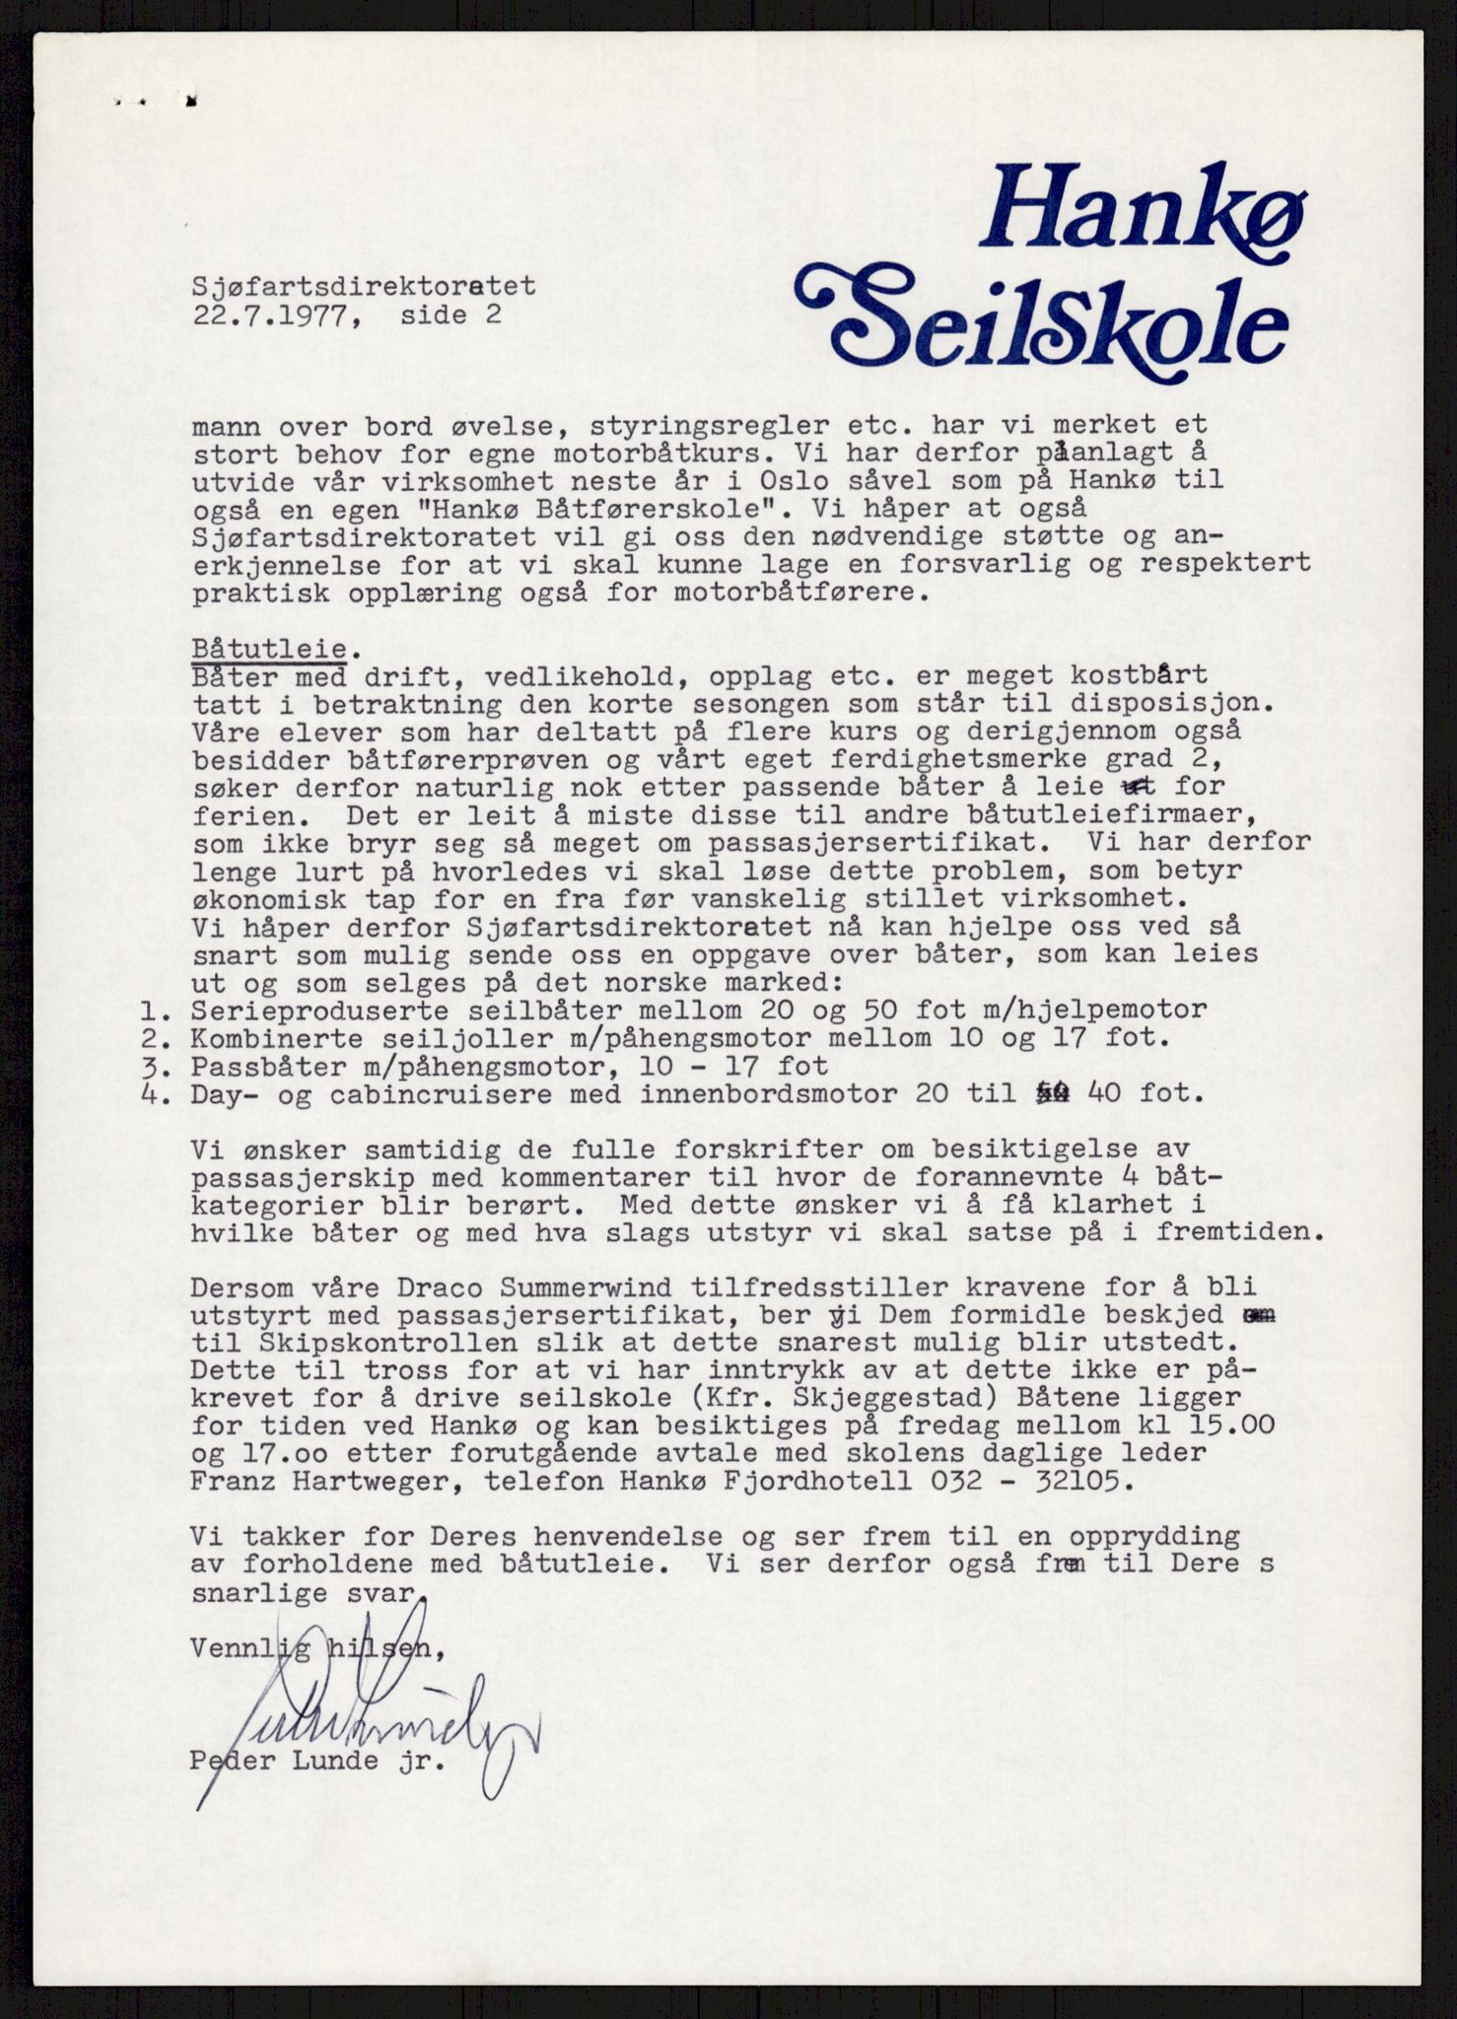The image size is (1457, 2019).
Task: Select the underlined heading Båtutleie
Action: coord(269,649)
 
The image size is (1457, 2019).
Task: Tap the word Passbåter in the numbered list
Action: coord(255,1066)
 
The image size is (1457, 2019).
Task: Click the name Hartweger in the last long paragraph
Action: coord(356,1482)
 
